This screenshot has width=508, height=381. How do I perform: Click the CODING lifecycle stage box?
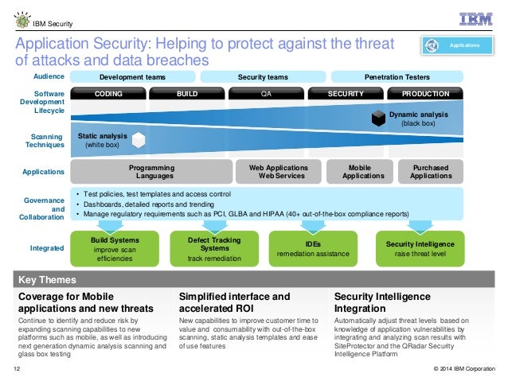point(108,93)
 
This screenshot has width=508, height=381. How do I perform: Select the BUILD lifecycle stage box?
point(187,93)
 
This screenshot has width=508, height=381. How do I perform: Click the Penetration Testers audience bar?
point(397,76)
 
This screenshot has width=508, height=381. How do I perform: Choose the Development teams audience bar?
point(131,76)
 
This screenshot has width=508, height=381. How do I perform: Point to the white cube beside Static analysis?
point(138,141)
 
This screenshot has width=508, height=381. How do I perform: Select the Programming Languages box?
point(150,171)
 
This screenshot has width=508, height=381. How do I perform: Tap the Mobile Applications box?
point(354,171)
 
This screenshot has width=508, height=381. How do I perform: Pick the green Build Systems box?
point(115,247)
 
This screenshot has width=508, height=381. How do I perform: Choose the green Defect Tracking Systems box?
point(215,247)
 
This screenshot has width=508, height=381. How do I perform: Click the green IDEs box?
point(313,247)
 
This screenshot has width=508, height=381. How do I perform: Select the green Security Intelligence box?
point(419,247)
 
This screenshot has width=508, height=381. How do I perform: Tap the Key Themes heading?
point(47,280)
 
